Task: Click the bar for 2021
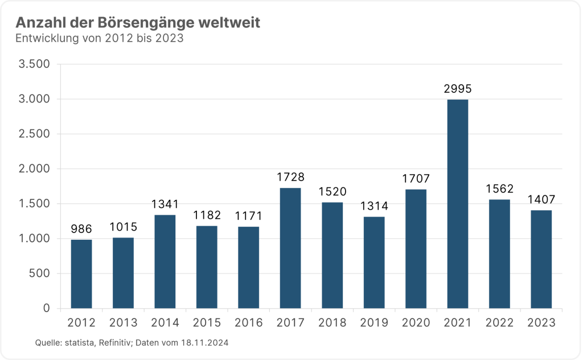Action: pos(457,204)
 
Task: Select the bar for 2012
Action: pos(81,274)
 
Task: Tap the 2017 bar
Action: pos(290,248)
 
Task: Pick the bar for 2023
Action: pos(541,259)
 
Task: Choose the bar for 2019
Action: pos(373,263)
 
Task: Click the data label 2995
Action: pos(458,89)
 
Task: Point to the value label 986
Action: pos(81,230)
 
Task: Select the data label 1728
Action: pos(290,178)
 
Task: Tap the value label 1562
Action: pos(499,189)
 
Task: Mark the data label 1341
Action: pos(165,204)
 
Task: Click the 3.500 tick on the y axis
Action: pos(35,64)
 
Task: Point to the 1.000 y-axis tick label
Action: pos(35,239)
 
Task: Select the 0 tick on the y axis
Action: pos(47,309)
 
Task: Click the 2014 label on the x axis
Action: pos(165,323)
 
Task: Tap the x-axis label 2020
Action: pos(416,323)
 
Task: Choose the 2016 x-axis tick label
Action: pos(249,323)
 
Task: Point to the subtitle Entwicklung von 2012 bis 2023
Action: pos(99,39)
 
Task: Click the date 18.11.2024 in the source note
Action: pos(206,342)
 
